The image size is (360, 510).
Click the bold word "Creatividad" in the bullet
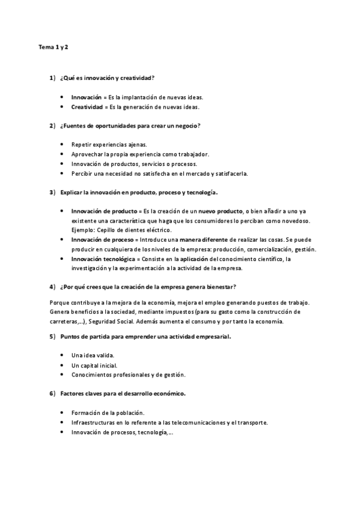coord(87,106)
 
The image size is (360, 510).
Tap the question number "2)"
coord(52,125)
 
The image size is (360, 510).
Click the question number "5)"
coord(52,336)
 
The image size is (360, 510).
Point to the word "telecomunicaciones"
coord(195,422)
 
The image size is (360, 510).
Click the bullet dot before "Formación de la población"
coord(63,413)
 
